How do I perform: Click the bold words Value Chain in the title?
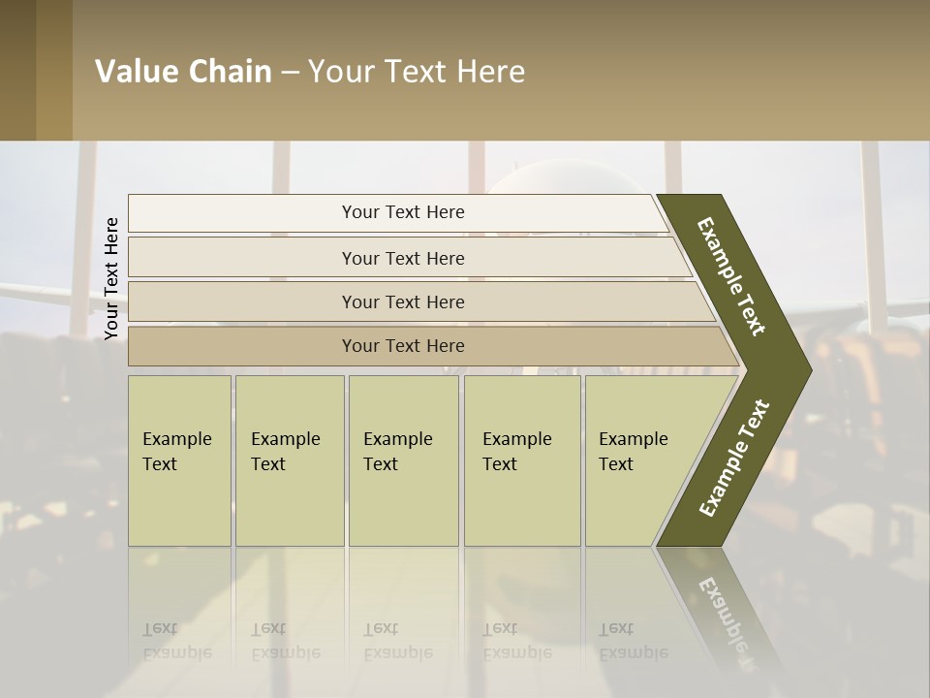(x=183, y=72)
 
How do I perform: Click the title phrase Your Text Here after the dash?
(x=417, y=72)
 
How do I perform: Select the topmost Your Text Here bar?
(x=403, y=212)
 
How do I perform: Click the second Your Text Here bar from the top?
(x=403, y=258)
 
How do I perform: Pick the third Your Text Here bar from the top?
(x=403, y=302)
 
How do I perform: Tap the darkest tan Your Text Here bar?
(x=403, y=346)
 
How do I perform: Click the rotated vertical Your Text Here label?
(x=111, y=278)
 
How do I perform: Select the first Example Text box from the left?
(x=179, y=460)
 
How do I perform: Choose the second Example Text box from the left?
(x=289, y=460)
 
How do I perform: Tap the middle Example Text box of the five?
(x=402, y=460)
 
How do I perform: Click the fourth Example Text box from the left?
(x=521, y=460)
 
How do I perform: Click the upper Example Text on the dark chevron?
(x=731, y=276)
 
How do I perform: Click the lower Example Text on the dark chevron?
(x=733, y=458)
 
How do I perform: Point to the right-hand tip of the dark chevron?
(x=809, y=369)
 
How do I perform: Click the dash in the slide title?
(x=290, y=73)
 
